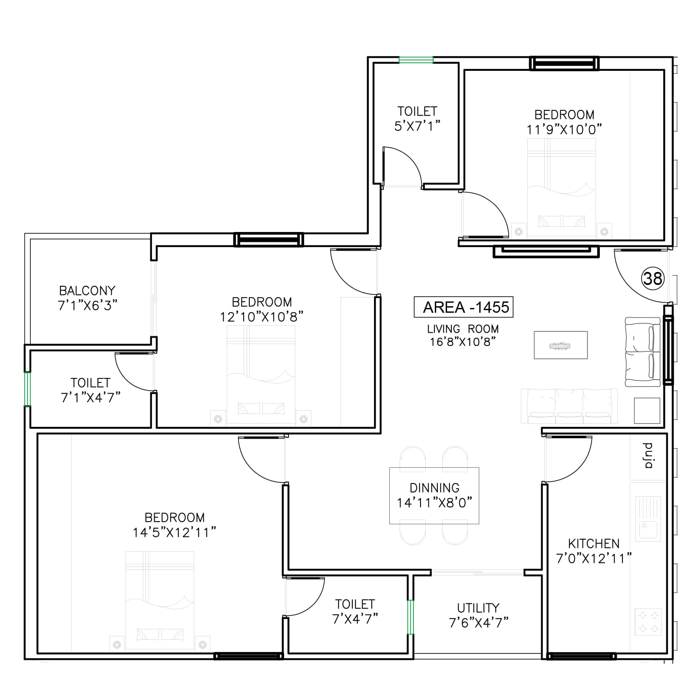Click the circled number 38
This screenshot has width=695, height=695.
pos(652,278)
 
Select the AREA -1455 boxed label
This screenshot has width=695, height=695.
pos(463,307)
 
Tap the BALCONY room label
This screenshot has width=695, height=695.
pos(87,290)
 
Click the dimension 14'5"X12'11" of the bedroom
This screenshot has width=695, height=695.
pos(174,533)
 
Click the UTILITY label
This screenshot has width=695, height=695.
pos(478,608)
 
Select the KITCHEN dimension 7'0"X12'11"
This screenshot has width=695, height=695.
pos(594,558)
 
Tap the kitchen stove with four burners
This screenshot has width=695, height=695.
pos(648,622)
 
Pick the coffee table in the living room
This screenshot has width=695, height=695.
pos(560,345)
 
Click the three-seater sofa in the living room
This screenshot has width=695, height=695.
pos(569,406)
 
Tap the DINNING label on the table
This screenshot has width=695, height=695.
pos(434,487)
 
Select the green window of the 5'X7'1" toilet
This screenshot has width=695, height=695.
pos(416,60)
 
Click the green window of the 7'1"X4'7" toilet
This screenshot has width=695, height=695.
pos(27,388)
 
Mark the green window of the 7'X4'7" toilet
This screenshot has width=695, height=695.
pos(410,617)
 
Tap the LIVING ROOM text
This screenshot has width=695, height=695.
pos(463,329)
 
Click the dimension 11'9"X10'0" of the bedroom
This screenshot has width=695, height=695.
pos(564,129)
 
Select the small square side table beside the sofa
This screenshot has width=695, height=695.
pos(647,410)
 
